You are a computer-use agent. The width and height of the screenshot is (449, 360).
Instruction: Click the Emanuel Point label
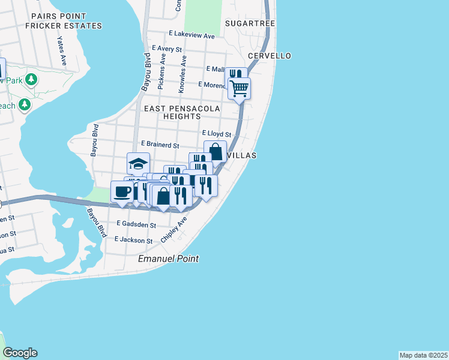(x=168, y=259)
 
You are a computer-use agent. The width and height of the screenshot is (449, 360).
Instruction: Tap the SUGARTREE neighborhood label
(x=250, y=23)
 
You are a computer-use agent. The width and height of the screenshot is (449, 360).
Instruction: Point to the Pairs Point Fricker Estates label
(x=64, y=22)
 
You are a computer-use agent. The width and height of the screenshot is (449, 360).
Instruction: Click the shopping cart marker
(x=239, y=89)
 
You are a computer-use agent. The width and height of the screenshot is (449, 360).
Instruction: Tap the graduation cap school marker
(x=138, y=163)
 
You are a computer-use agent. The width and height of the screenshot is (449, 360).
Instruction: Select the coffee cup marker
(x=122, y=192)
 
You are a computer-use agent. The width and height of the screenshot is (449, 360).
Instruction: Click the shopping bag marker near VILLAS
(x=215, y=151)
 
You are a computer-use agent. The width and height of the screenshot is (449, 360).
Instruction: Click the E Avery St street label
(x=167, y=48)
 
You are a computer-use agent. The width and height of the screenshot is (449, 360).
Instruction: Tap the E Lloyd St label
(x=216, y=134)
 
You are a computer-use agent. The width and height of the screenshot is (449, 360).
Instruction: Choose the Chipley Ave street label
(x=174, y=230)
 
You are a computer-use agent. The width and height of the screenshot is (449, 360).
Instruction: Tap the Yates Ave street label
(x=61, y=52)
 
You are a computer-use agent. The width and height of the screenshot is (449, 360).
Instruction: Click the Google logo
(x=20, y=353)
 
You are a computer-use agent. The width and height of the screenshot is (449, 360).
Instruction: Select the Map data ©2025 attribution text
(x=423, y=355)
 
